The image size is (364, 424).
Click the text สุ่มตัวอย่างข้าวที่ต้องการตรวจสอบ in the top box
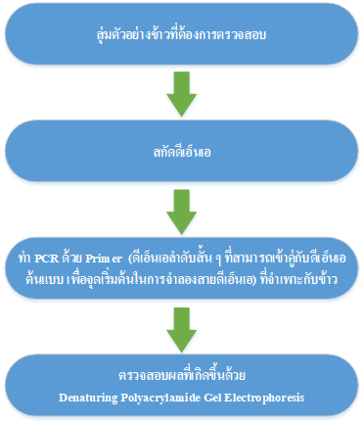click(x=181, y=33)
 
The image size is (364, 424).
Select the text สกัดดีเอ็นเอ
click(x=182, y=152)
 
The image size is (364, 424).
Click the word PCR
click(x=47, y=259)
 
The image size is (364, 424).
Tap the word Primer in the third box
click(x=104, y=259)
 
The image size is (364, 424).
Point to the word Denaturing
click(x=88, y=398)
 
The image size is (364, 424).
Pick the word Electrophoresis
click(x=264, y=399)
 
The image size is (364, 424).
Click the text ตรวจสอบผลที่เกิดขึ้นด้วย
click(x=182, y=375)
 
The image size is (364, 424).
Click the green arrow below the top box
click(x=182, y=94)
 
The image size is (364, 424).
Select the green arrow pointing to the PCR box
click(x=182, y=212)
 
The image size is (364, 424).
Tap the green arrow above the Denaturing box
click(x=182, y=330)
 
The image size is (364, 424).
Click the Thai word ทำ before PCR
click(x=25, y=259)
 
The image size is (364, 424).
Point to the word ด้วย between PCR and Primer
click(x=72, y=258)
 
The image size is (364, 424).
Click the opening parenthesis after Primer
click(x=131, y=259)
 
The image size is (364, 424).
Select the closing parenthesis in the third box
click(x=255, y=280)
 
